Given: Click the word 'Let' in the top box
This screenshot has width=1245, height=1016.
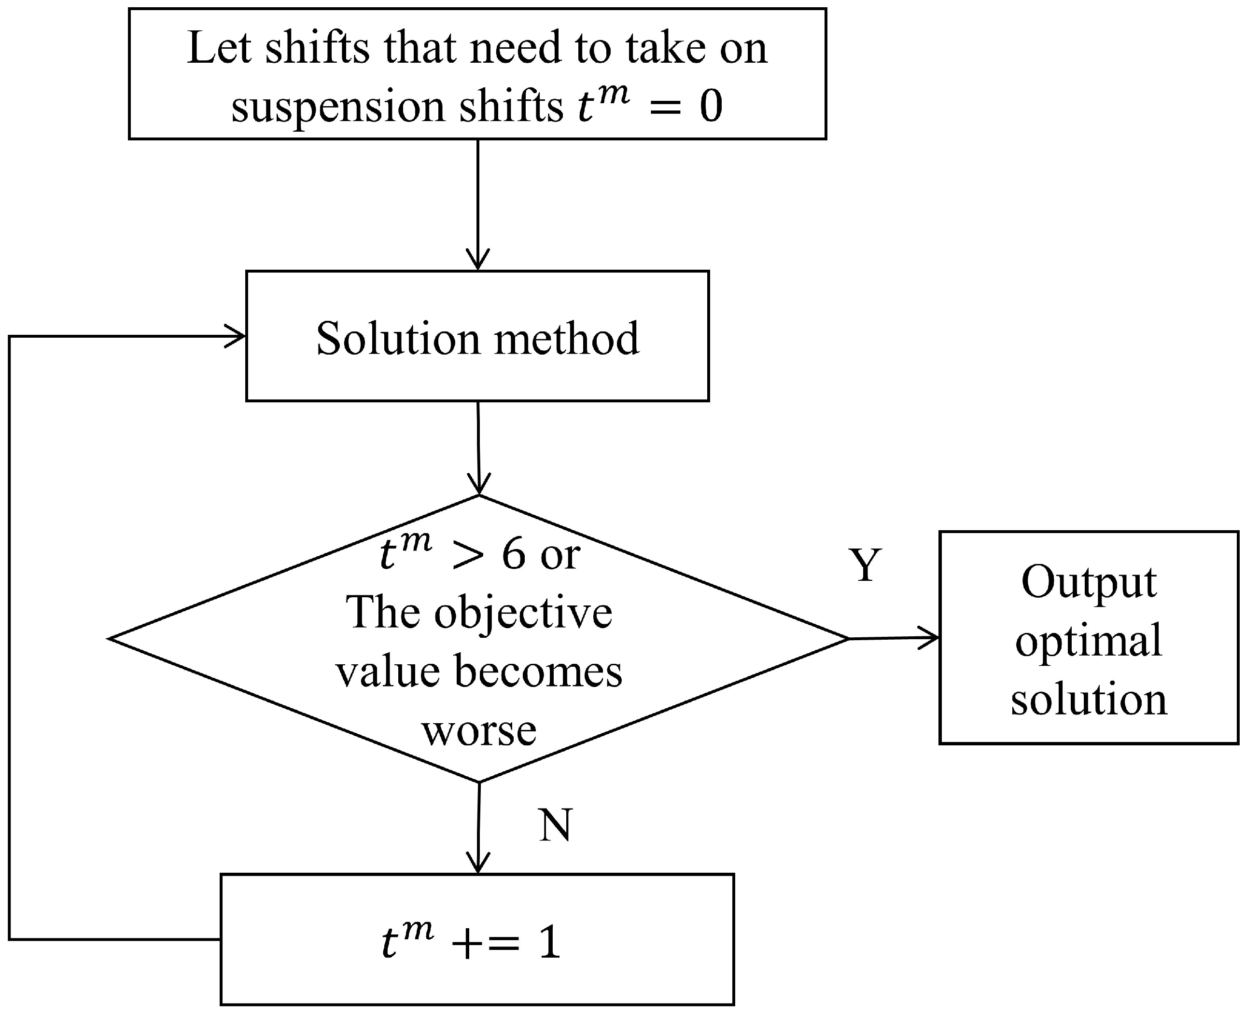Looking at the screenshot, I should (x=220, y=48).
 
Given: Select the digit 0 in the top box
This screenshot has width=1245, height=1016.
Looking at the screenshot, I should (x=711, y=107).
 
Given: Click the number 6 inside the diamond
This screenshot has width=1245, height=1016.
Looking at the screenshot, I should (x=514, y=554).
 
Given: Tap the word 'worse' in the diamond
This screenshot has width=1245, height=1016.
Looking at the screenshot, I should (x=479, y=730).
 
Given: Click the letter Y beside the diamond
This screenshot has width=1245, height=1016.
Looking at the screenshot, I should (x=865, y=565).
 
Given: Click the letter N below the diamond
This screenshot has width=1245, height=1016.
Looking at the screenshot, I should (x=555, y=826).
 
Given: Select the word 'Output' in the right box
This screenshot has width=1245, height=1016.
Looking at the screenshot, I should (x=1089, y=582).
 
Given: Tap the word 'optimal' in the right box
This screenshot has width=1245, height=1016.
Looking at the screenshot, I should (x=1089, y=641).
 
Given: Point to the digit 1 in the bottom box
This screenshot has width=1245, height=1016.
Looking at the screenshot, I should (x=549, y=944).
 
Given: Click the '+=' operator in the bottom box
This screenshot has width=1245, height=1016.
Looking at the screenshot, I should (x=486, y=944).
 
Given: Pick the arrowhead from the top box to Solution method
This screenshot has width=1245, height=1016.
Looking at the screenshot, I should (x=478, y=261).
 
